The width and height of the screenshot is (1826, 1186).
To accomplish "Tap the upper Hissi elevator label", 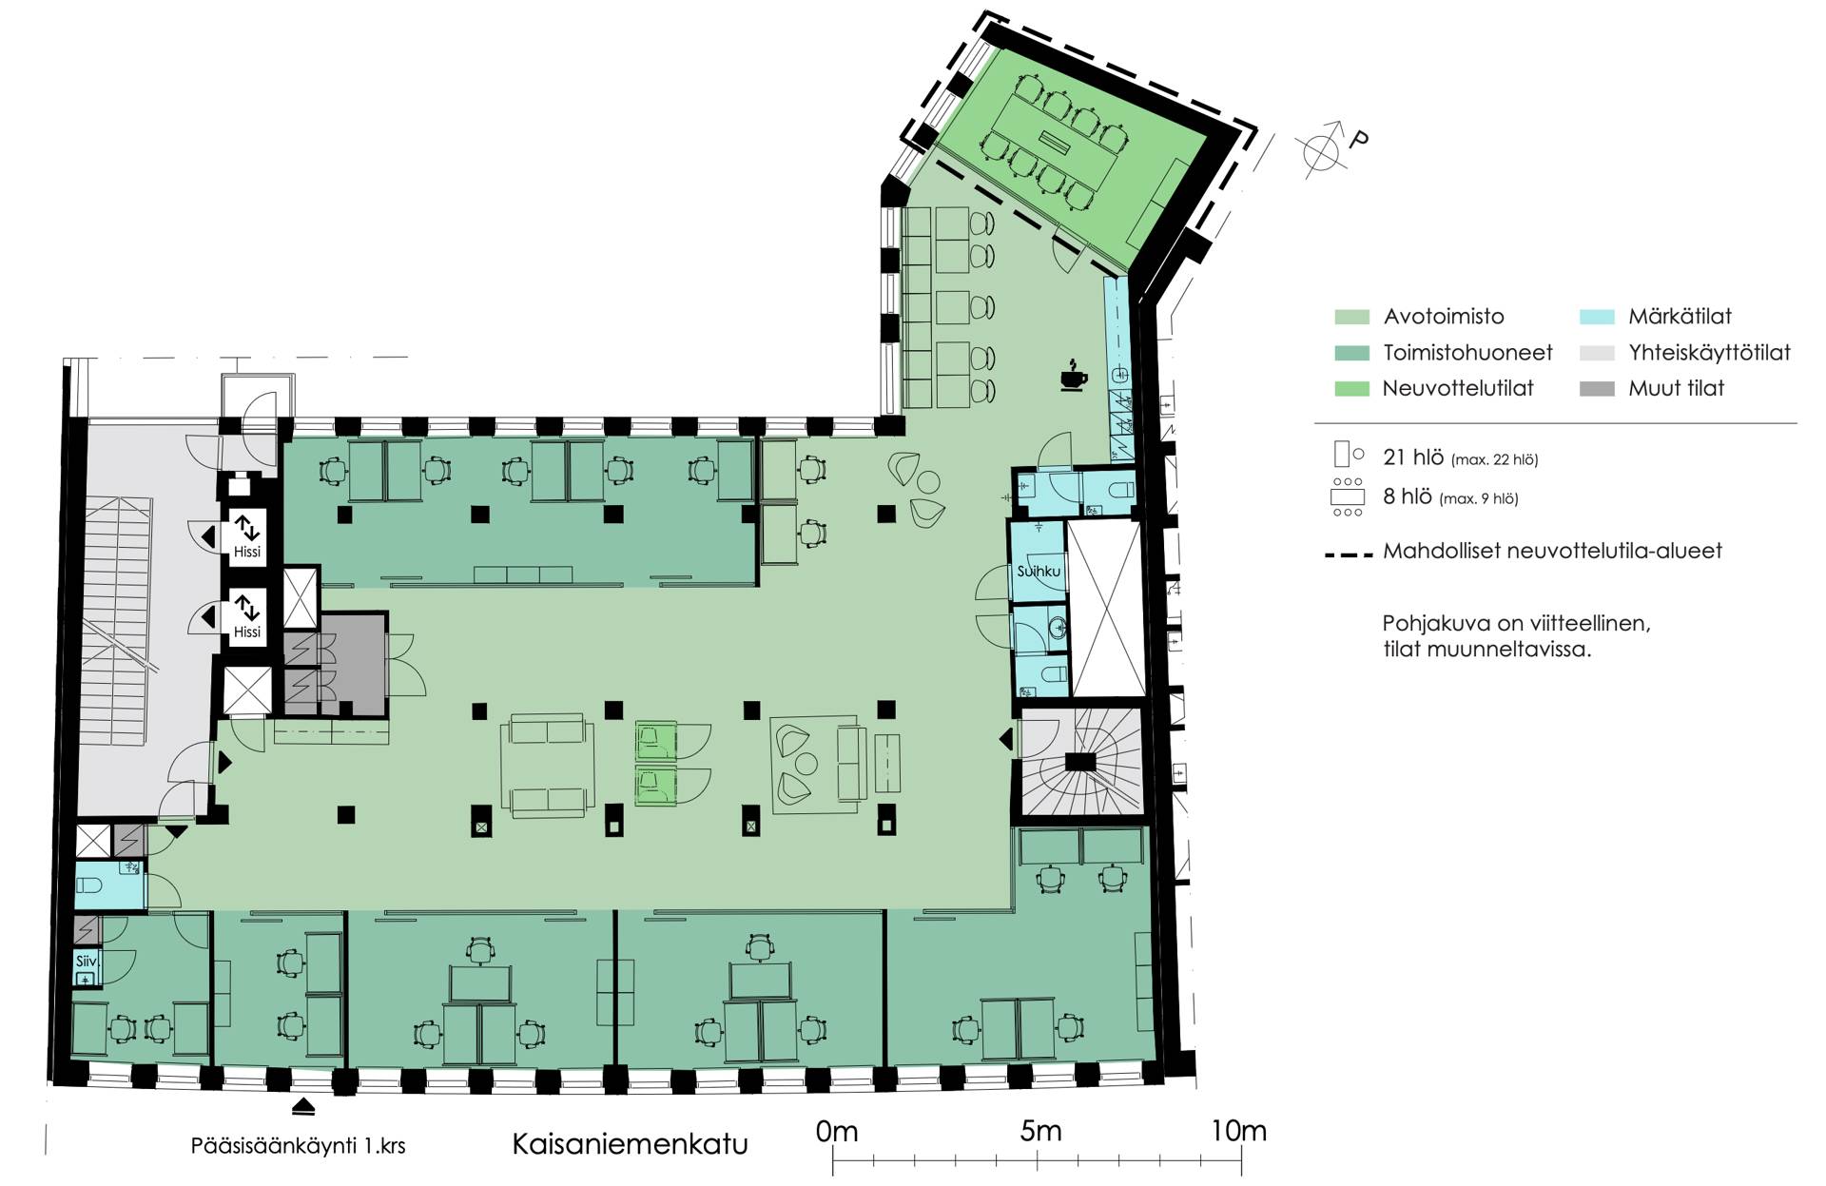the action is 246,552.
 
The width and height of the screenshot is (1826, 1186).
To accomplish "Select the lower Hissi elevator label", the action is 246,632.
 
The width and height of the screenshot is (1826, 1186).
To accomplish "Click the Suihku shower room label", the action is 1039,572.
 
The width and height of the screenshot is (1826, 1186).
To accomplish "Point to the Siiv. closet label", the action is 87,962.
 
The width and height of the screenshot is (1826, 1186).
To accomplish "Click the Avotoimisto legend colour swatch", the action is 1351,317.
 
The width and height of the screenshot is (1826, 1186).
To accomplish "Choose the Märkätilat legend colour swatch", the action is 1597,317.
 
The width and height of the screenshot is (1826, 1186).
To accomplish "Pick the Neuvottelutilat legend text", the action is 1458,388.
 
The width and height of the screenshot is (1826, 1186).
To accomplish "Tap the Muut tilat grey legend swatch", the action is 1597,388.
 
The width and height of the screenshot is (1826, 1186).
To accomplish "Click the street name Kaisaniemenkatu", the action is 631,1143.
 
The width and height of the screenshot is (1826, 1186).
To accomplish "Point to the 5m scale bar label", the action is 1040,1131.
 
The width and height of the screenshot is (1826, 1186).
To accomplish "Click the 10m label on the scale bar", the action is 1239,1131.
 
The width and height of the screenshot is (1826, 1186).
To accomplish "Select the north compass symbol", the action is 1331,147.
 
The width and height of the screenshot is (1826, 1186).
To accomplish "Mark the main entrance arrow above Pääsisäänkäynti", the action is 303,1106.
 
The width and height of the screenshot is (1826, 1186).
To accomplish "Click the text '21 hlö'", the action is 1413,457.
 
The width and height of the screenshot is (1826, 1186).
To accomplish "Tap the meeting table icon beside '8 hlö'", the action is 1348,497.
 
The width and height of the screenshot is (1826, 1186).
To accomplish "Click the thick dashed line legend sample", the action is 1349,553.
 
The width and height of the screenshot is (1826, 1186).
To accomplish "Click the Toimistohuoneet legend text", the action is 1467,353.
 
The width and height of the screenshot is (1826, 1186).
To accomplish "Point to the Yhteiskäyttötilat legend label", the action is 1709,353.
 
